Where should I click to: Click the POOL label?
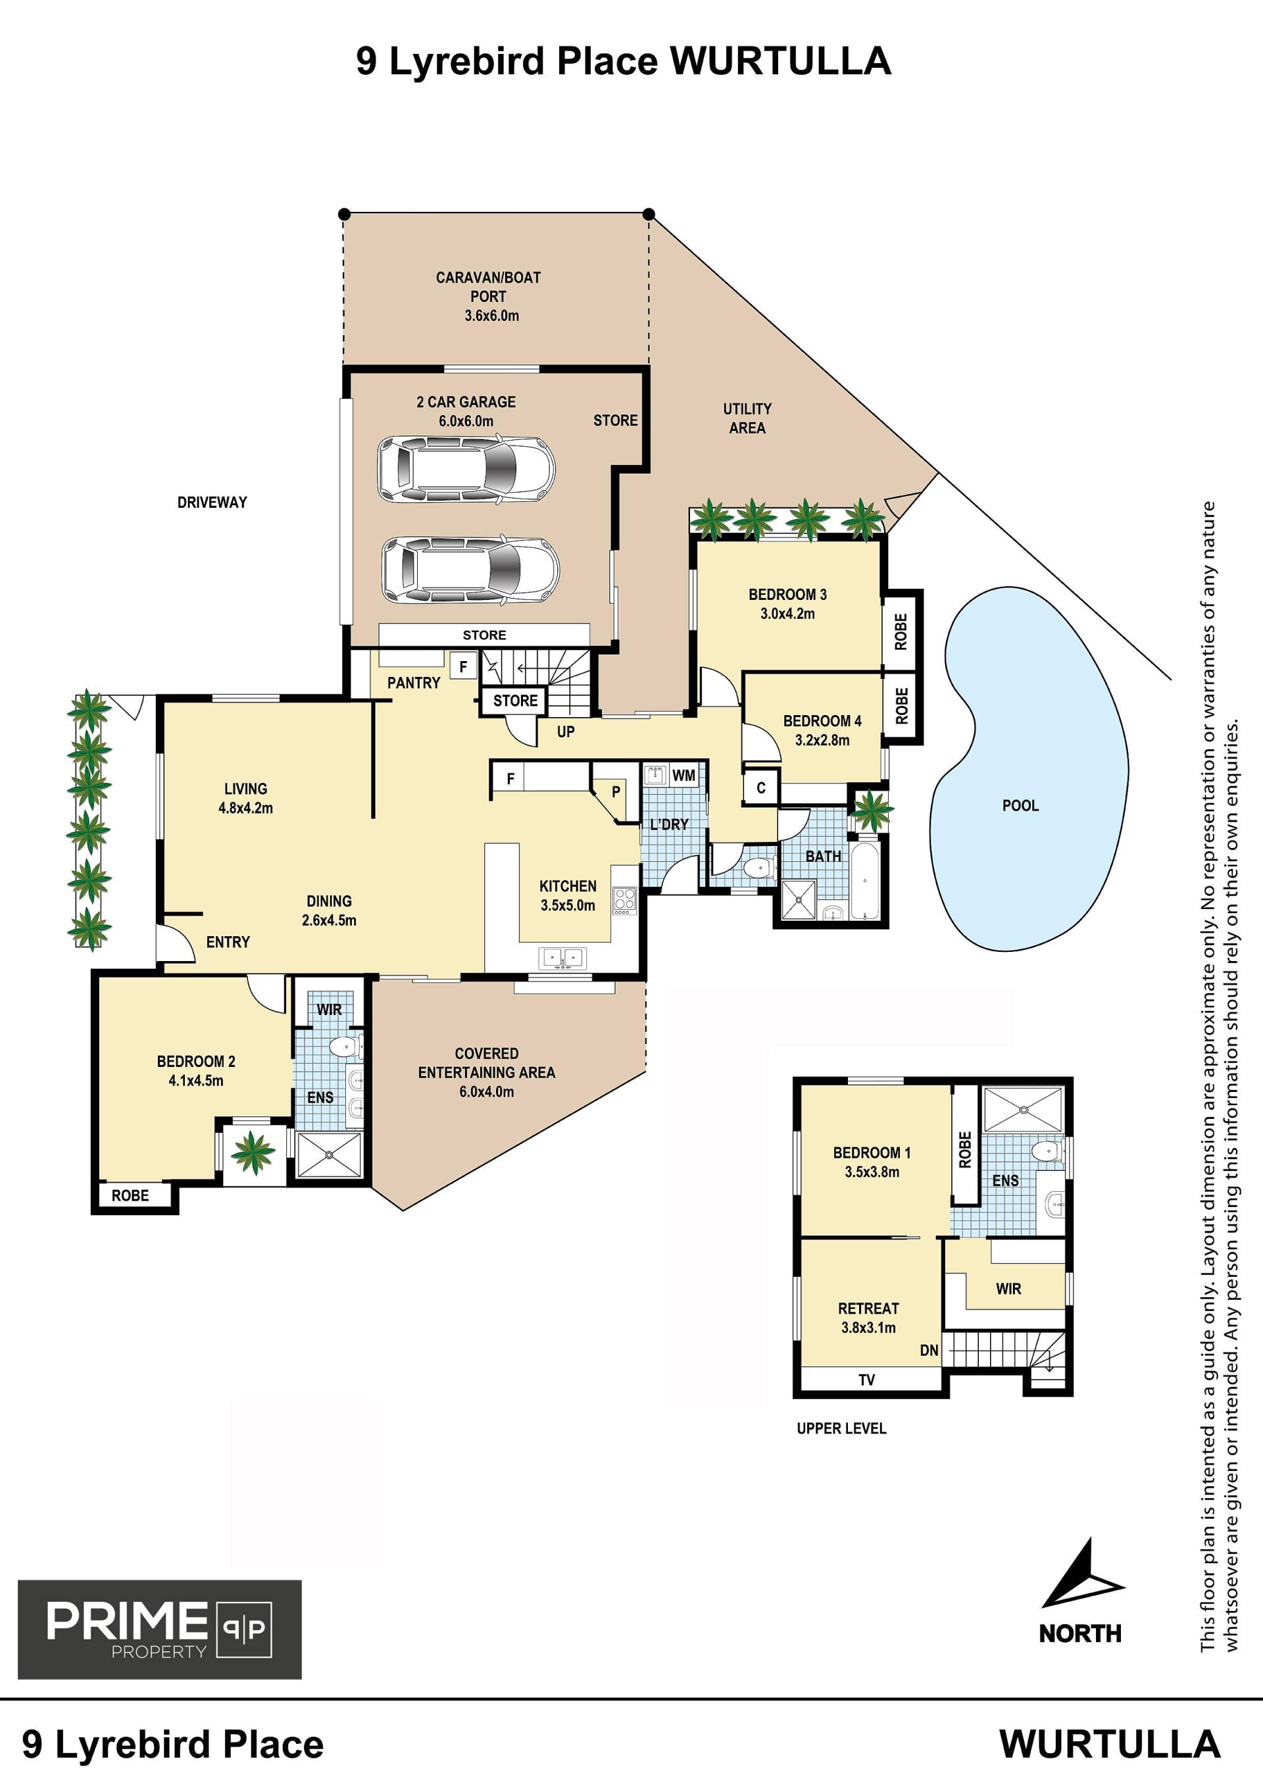pos(1020,805)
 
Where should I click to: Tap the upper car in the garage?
pos(466,469)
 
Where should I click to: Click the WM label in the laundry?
pos(683,776)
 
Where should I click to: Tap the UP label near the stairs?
pos(566,732)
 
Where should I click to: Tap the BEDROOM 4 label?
pos(822,721)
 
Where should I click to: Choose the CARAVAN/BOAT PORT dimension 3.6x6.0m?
pos(491,316)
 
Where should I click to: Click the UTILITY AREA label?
pos(747,418)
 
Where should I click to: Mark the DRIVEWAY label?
pos(212,503)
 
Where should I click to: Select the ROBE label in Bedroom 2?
pos(130,1195)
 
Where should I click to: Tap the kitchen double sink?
pos(562,958)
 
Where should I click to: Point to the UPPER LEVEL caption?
pos(841,1428)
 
